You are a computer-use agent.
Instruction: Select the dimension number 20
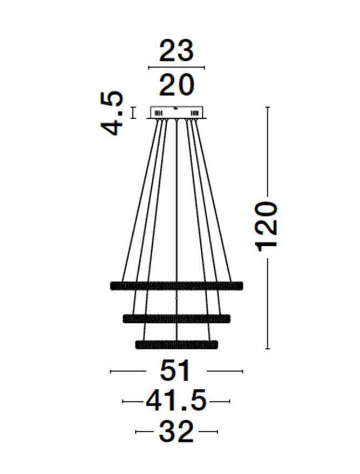pos(176,85)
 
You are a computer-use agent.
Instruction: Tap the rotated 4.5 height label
pos(112,113)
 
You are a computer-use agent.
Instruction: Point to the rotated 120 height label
pos(267,226)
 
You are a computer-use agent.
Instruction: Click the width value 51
pos(176,371)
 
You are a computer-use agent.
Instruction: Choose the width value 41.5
pos(176,402)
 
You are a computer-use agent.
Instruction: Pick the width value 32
pos(176,432)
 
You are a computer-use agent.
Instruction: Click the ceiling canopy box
pos(177,112)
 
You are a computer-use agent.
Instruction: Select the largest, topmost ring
pos(176,285)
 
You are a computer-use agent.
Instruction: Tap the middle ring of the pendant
pos(176,318)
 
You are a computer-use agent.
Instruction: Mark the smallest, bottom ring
pos(176,344)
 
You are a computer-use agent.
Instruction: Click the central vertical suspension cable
pos(177,216)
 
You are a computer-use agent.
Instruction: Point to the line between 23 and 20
pos(176,67)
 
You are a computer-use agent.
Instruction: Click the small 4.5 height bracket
pos(133,112)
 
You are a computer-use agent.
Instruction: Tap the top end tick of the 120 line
pos(267,107)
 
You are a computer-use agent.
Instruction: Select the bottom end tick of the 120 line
pos(267,349)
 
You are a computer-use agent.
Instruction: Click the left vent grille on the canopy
pos(159,113)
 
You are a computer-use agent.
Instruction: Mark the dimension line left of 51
pos(128,371)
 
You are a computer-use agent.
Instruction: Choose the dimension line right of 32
pos(208,432)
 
